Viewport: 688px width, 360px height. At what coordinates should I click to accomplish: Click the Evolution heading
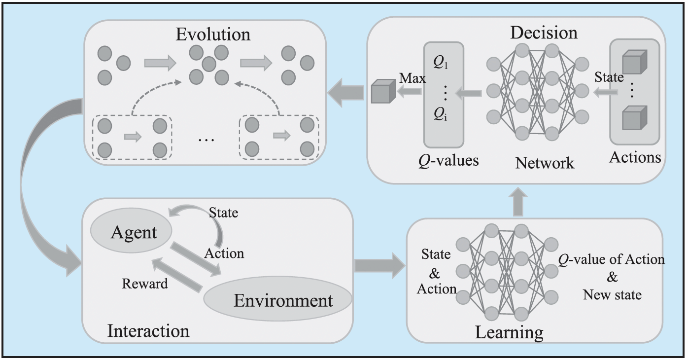coord(214,35)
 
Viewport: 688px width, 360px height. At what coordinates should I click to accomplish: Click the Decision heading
coord(544,33)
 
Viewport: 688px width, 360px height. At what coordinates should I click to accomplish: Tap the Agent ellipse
coord(134,232)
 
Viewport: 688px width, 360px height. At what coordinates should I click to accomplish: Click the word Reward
coord(145,284)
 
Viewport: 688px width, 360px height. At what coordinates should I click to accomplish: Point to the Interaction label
coord(148,330)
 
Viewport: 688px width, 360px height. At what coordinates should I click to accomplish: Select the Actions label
coord(635,157)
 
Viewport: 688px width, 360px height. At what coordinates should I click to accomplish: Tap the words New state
coord(612,295)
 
